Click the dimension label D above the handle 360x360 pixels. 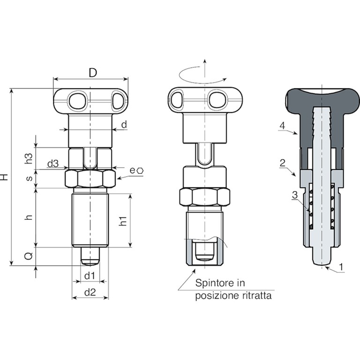[93, 73]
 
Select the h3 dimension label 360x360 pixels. [29, 158]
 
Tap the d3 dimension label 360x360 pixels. [53, 164]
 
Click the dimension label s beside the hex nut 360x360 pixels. [30, 178]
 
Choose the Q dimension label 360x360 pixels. [29, 256]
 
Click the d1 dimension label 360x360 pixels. [90, 276]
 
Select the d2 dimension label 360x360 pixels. [90, 292]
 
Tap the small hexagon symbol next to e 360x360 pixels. [140, 171]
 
